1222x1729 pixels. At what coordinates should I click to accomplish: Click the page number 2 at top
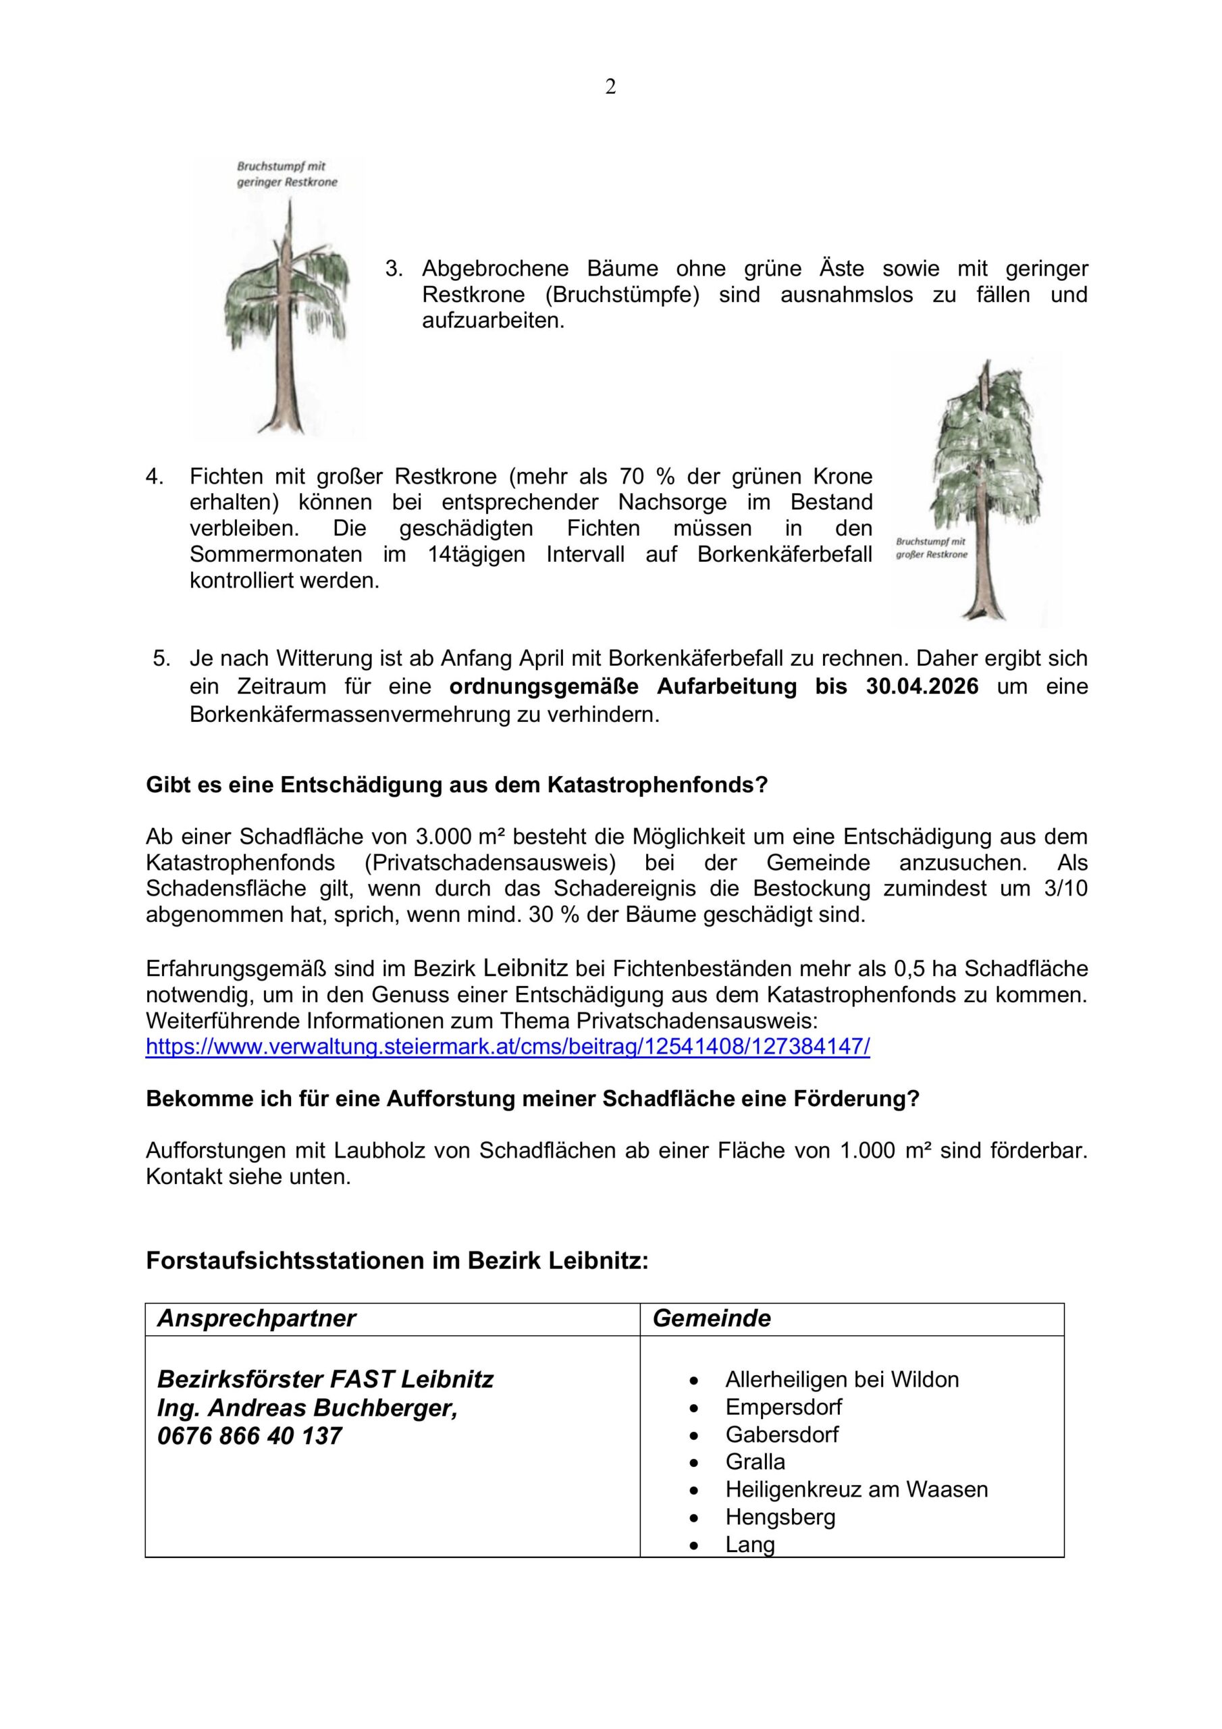(610, 87)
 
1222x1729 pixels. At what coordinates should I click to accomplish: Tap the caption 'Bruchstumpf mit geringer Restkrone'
(287, 174)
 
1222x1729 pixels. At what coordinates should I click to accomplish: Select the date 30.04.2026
(922, 687)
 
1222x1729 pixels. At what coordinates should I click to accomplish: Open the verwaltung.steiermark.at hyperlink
(508, 1047)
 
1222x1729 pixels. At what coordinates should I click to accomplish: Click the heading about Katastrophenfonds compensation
(456, 785)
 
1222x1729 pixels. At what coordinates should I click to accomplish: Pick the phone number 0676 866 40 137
(249, 1436)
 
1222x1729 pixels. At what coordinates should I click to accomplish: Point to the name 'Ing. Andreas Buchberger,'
(307, 1408)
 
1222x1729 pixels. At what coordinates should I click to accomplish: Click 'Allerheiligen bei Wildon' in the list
(842, 1380)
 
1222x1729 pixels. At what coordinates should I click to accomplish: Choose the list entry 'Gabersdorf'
(782, 1435)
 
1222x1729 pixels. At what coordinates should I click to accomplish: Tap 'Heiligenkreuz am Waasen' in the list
(856, 1489)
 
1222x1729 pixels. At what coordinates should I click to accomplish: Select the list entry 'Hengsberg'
(780, 1517)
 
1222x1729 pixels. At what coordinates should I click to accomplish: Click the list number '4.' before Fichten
(155, 477)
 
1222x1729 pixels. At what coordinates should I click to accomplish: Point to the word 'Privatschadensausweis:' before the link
(697, 1021)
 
